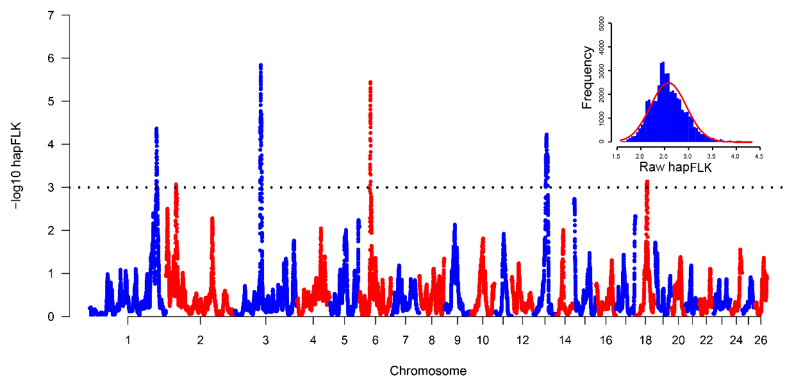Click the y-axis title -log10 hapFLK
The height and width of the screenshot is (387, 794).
click(x=17, y=166)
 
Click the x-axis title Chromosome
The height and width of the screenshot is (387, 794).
click(x=428, y=371)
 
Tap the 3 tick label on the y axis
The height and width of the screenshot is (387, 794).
click(x=49, y=187)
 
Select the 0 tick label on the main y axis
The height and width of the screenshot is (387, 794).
click(x=49, y=316)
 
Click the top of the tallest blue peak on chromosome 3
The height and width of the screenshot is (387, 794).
click(x=260, y=65)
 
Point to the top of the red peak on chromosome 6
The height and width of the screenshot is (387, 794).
click(x=370, y=83)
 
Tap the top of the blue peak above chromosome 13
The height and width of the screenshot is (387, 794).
click(x=546, y=135)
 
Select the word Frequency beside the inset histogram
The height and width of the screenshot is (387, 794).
click(x=587, y=83)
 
